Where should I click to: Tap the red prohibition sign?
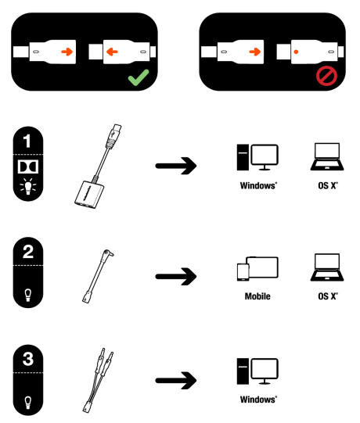[x=326, y=76]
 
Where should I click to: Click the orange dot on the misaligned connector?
[x=296, y=52]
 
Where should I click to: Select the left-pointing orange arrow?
[x=112, y=52]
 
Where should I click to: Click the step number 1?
[x=27, y=141]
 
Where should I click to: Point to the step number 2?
[x=28, y=252]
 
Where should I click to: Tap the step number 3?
[x=28, y=359]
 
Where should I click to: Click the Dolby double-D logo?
[x=28, y=167]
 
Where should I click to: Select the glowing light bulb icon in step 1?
[x=28, y=186]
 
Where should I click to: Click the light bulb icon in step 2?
[x=28, y=295]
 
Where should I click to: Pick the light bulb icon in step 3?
[x=28, y=402]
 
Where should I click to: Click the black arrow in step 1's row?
[x=176, y=166]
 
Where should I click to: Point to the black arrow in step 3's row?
[x=176, y=380]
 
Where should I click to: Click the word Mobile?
[x=257, y=296]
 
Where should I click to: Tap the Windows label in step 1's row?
[x=258, y=185]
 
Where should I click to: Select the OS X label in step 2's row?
[x=328, y=296]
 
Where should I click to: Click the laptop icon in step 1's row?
[x=327, y=156]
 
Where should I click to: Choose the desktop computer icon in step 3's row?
[x=257, y=371]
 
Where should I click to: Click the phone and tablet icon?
[x=257, y=268]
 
